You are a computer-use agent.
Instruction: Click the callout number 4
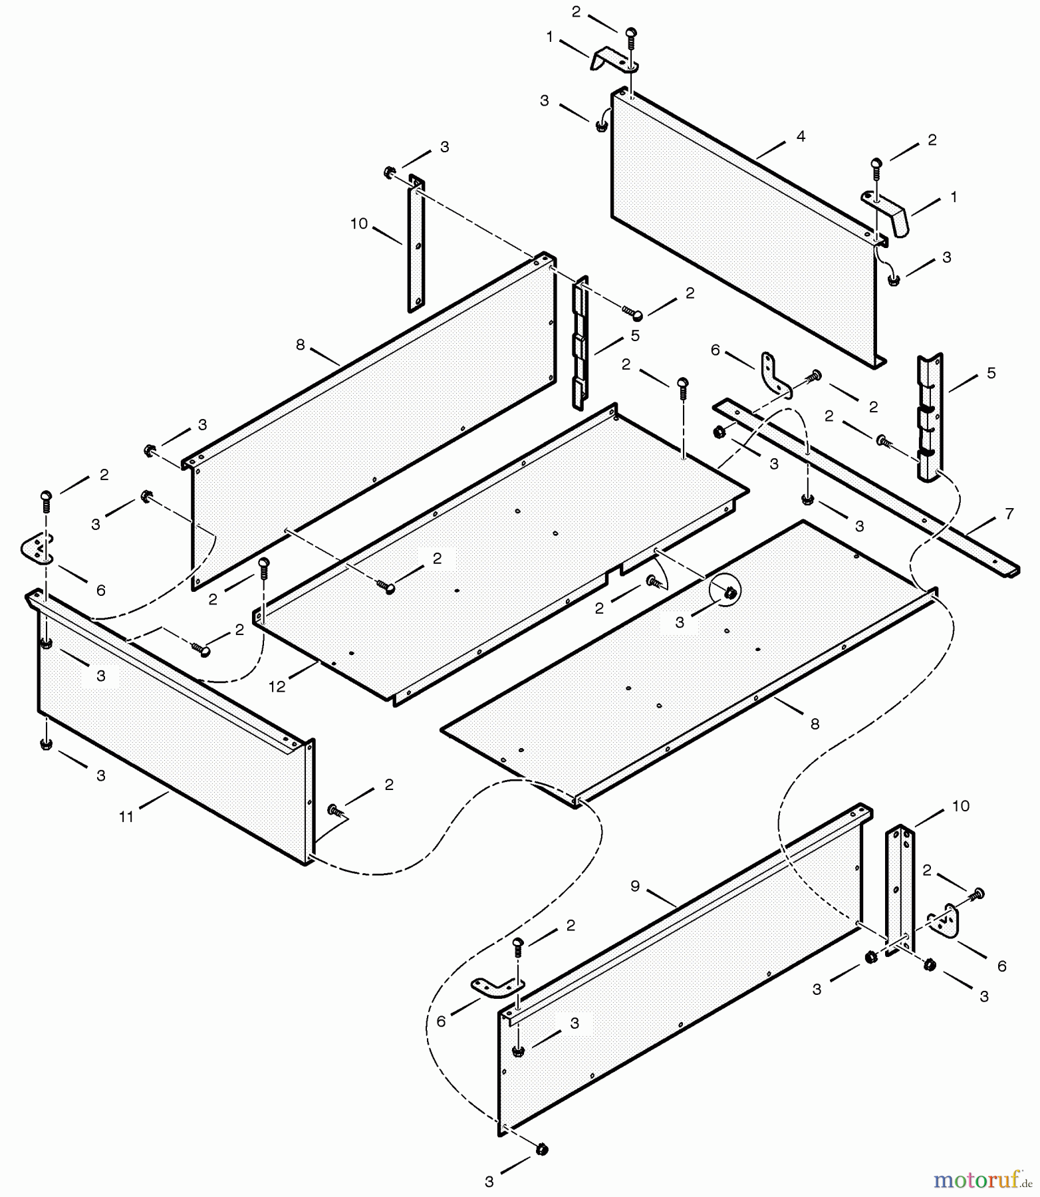coord(801,136)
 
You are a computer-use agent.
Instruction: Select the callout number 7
coord(1009,513)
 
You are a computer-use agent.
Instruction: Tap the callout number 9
coord(635,886)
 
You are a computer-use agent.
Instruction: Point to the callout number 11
coord(126,817)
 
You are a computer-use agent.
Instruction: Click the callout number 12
coord(277,687)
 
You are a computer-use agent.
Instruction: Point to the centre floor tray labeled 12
coord(499,552)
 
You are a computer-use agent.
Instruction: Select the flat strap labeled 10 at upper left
coord(416,246)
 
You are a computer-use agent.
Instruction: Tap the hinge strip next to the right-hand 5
coord(930,419)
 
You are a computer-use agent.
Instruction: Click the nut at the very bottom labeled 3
coord(541,1149)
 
